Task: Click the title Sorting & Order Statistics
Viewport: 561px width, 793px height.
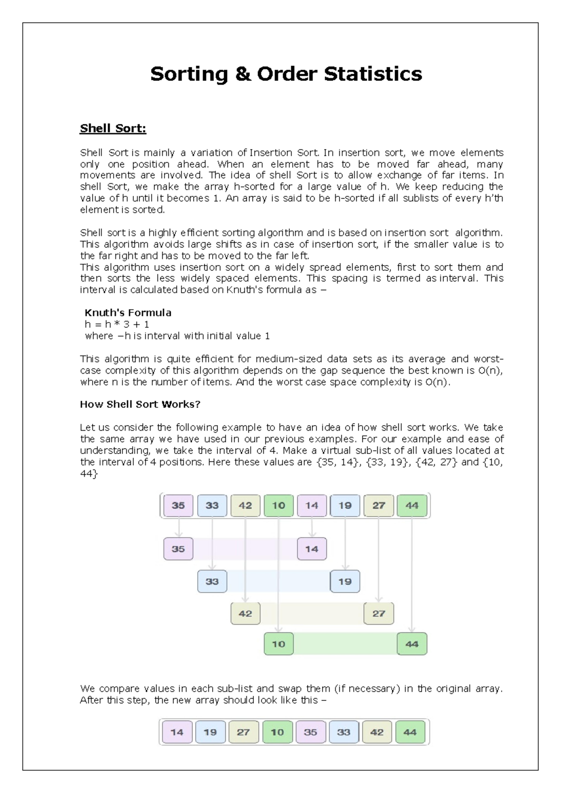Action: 286,74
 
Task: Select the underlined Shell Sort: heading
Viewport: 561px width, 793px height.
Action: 113,128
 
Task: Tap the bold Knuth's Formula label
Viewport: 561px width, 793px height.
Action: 128,312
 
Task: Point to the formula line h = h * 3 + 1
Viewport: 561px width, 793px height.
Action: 117,324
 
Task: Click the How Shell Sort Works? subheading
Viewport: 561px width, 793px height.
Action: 140,404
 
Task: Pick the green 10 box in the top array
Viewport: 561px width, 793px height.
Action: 279,505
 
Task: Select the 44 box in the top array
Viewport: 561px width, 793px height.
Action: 412,505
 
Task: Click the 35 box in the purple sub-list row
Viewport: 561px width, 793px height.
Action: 178,549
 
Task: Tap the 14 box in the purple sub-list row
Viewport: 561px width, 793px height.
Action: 312,549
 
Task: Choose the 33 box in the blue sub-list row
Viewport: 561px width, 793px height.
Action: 212,581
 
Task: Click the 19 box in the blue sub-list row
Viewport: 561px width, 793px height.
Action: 345,581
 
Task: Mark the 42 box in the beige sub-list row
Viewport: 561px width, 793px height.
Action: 245,613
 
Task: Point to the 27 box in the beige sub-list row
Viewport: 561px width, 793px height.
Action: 379,613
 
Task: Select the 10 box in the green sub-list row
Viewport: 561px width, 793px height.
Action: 279,644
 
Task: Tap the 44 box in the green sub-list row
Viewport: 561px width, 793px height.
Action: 412,644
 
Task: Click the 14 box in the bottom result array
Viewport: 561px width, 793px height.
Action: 177,732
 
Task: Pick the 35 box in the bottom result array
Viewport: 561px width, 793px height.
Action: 310,732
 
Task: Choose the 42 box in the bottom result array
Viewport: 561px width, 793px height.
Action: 377,732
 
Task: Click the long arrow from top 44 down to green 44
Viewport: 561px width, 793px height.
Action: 412,575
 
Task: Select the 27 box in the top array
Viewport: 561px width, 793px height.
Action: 379,505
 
